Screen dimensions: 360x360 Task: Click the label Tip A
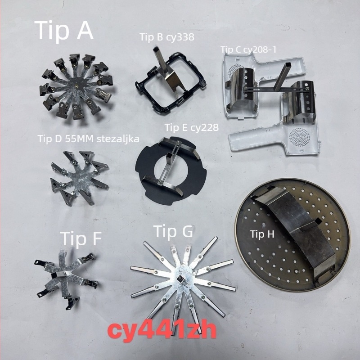click(64, 31)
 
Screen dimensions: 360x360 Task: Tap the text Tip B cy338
click(167, 37)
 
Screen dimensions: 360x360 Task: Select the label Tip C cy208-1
click(248, 49)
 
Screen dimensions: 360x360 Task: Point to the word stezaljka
click(118, 139)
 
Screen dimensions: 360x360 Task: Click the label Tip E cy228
click(192, 128)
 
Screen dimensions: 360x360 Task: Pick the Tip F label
click(82, 239)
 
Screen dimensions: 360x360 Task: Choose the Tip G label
click(173, 231)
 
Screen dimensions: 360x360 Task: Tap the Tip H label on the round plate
click(262, 234)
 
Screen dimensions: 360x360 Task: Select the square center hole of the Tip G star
click(179, 279)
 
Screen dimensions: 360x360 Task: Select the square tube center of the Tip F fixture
click(54, 275)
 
